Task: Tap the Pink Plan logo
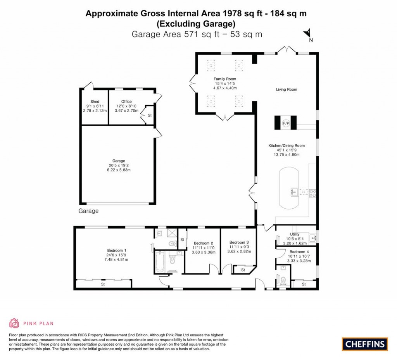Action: (31, 323)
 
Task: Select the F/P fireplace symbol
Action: (286, 123)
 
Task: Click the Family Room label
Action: (226, 79)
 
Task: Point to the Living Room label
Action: (287, 90)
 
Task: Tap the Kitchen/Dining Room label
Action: (287, 146)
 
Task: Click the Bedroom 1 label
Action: (117, 250)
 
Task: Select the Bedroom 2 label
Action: (204, 243)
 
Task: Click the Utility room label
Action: (295, 234)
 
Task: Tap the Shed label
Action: (95, 102)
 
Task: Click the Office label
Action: (126, 102)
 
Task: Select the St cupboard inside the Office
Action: (149, 115)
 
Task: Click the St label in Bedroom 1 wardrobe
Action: (103, 284)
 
